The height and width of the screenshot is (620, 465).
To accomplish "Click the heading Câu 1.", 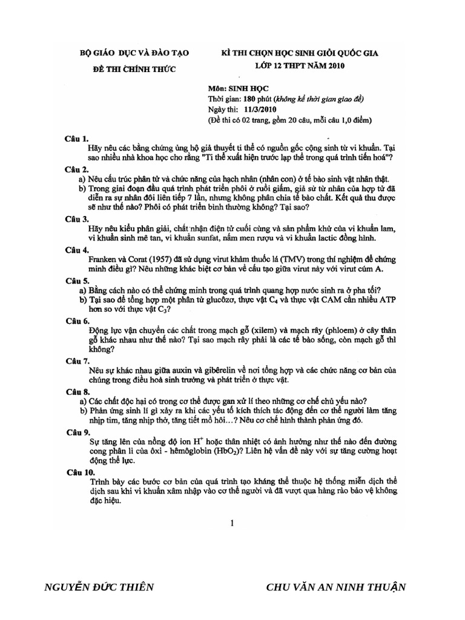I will [x=77, y=139].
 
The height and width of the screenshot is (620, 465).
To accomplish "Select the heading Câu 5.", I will [x=77, y=281].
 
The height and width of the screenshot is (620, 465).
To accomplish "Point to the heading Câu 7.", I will [x=77, y=361].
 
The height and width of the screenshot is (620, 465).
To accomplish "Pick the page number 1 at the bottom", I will [x=232, y=524].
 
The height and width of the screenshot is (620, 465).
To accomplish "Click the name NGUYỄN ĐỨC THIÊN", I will [x=100, y=587].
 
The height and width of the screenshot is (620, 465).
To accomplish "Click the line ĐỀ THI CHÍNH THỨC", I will [x=134, y=70].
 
